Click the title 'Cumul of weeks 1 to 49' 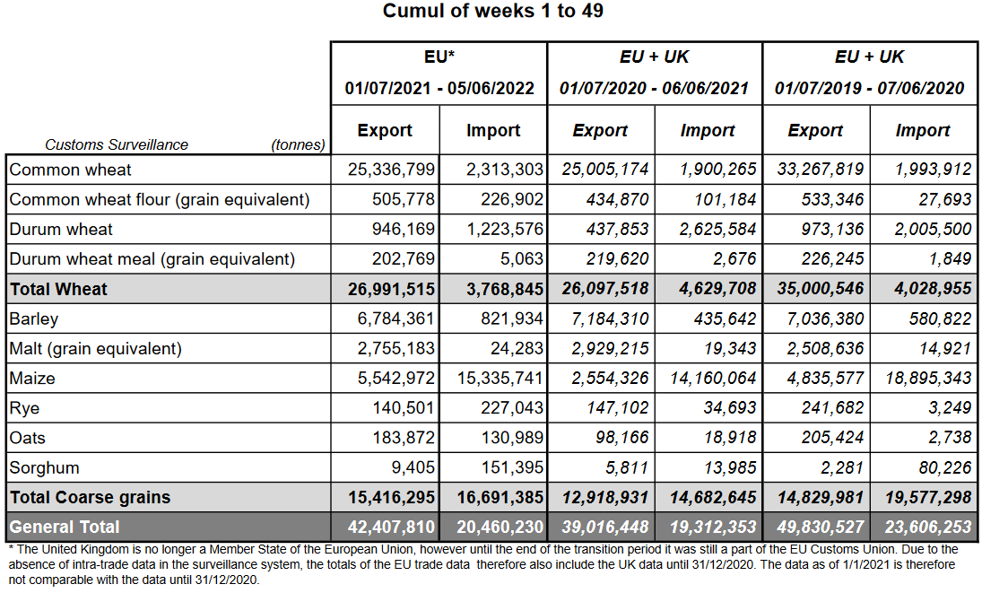click(x=492, y=12)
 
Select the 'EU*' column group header click(x=439, y=57)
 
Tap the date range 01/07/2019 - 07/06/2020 click(x=869, y=88)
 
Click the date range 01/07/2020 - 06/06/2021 click(x=654, y=88)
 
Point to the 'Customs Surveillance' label click(x=117, y=144)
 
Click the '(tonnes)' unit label click(x=298, y=144)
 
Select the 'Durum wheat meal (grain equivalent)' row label click(x=152, y=259)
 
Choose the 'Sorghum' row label click(x=44, y=467)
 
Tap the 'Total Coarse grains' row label click(x=90, y=497)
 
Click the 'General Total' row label click(x=65, y=527)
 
